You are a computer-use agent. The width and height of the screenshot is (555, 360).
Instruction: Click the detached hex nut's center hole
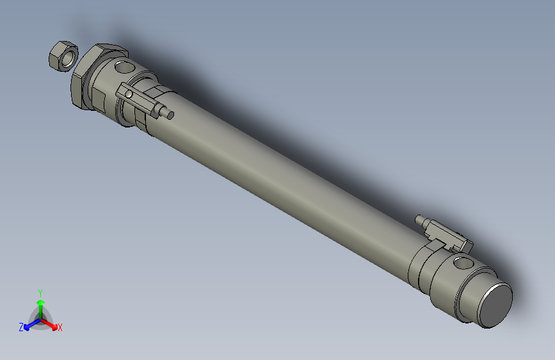pos(62,57)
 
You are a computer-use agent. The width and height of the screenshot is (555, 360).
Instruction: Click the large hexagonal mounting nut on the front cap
pos(80,83)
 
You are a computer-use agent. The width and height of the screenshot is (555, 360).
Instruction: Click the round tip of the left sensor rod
pos(171,115)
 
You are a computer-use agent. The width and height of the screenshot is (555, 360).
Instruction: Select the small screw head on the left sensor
pos(130,95)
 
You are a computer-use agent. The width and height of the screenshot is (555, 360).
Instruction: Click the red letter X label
pos(60,328)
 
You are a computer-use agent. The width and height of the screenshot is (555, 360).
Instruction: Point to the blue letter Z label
pos(21,327)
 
